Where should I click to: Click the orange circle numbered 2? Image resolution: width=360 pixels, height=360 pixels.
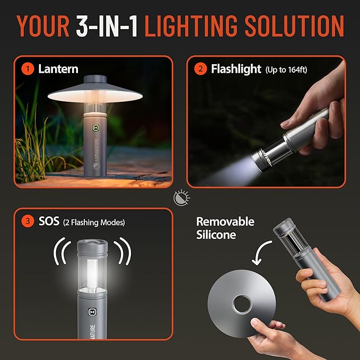coord(201,69)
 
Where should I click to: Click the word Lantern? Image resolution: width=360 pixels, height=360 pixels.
coord(58,69)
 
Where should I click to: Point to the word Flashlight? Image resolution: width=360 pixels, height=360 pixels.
coord(236,69)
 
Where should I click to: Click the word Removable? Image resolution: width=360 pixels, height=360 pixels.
coord(225,222)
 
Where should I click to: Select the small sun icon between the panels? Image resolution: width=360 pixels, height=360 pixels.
coord(179,199)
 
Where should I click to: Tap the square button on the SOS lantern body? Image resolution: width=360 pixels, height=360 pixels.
coord(93,313)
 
